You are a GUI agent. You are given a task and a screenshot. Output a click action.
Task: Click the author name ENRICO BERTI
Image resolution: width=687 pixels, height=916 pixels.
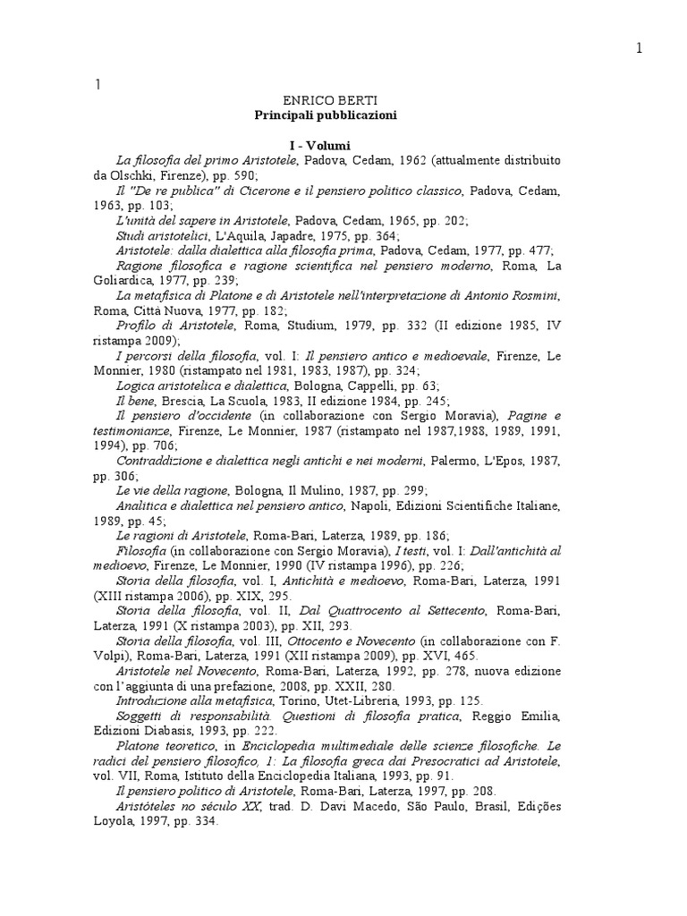[324, 103]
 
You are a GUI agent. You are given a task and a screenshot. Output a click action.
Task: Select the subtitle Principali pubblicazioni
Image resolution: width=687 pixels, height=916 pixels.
[325, 116]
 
